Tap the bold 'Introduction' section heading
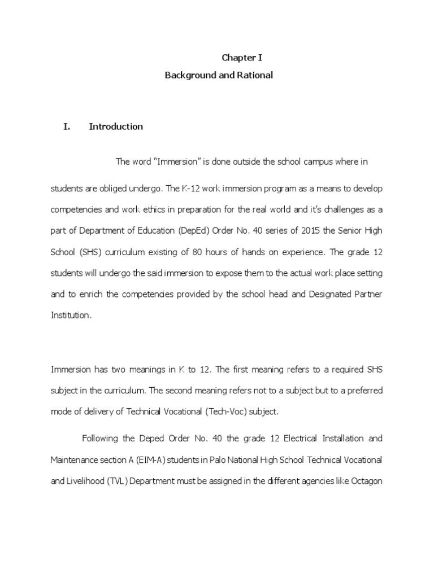pos(116,126)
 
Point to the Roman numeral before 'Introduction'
pos(67,126)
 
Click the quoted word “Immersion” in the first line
pos(175,162)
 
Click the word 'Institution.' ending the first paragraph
pos(71,316)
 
